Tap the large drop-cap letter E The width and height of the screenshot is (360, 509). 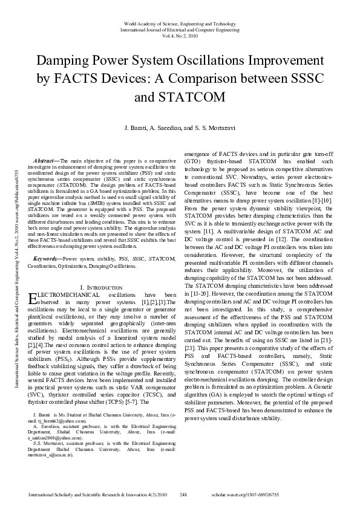tap(33, 298)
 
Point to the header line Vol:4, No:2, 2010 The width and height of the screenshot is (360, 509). tap(180, 34)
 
